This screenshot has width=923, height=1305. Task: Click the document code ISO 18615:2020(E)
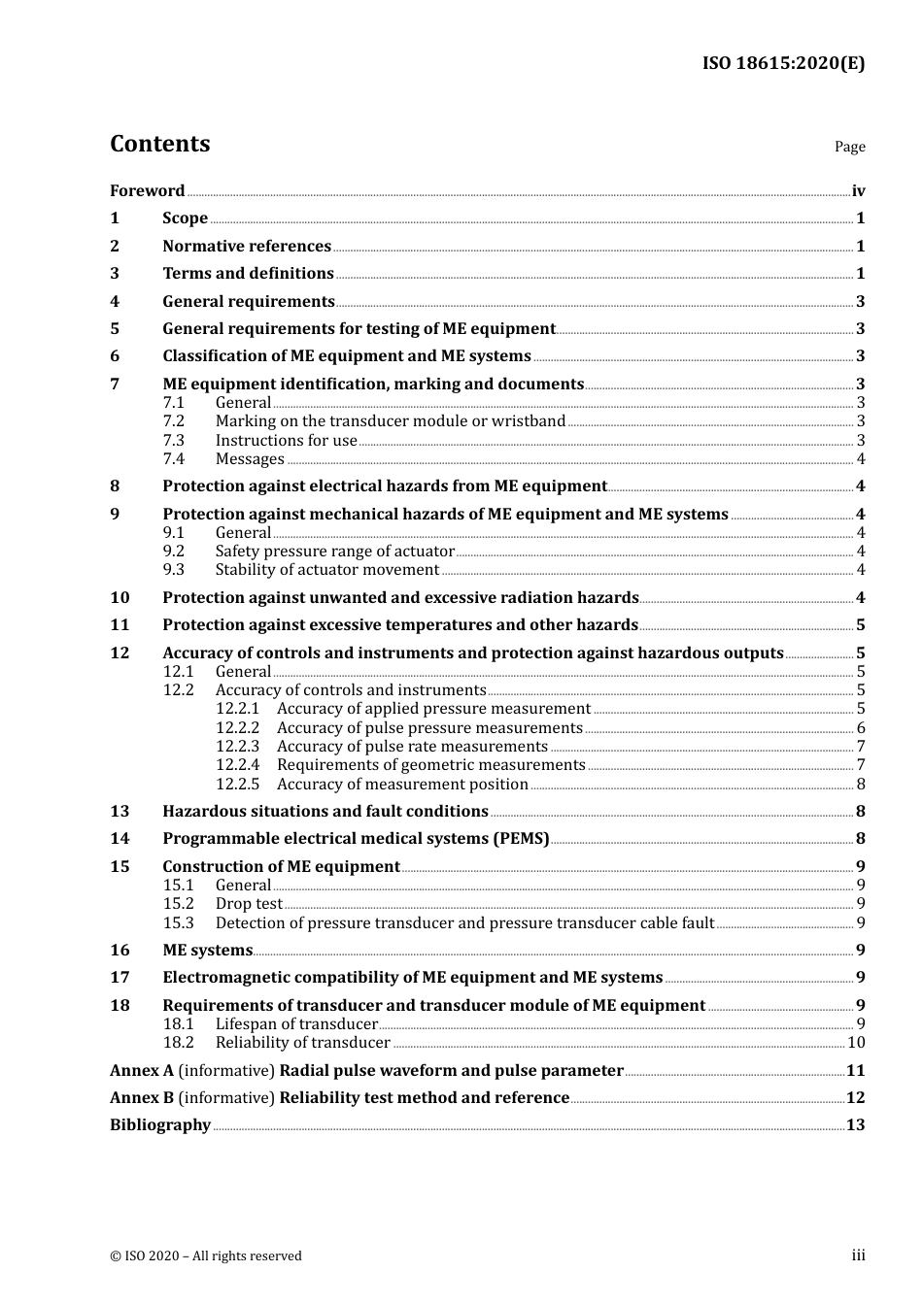tap(783, 64)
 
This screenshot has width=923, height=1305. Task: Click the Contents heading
tap(159, 144)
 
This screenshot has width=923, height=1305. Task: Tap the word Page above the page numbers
tap(849, 147)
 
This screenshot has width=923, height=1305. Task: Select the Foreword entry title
tap(147, 191)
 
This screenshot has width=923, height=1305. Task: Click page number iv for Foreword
tap(858, 191)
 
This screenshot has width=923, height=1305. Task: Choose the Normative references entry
tap(247, 247)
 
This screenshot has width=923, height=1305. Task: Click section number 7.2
tap(174, 421)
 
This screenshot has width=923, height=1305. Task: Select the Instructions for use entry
tap(287, 441)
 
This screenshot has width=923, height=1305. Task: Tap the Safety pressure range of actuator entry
tap(335, 552)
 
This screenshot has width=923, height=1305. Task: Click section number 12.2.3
tap(237, 747)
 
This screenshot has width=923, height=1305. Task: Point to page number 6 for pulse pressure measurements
tap(861, 728)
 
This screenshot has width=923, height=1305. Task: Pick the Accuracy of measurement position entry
tap(402, 785)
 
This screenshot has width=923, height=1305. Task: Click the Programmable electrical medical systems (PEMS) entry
tap(356, 839)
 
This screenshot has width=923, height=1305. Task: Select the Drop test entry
tap(249, 904)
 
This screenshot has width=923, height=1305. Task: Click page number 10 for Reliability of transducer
tap(856, 1043)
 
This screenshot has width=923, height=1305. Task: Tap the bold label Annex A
tap(142, 1071)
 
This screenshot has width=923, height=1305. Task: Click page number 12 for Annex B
tap(855, 1098)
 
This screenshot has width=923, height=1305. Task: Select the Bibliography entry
tap(160, 1125)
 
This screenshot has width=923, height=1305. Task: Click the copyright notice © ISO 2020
tap(206, 1256)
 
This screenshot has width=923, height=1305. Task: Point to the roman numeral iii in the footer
tap(858, 1255)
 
